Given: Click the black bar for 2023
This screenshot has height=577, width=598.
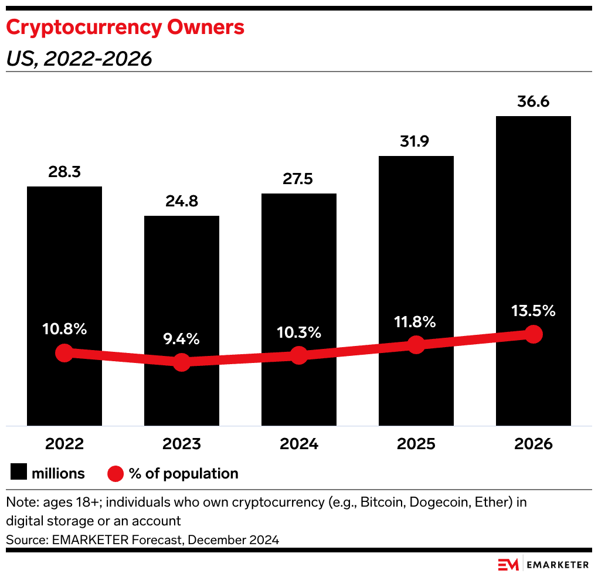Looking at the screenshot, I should click(x=182, y=281).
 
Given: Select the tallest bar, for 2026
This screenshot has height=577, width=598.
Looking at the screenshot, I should click(x=533, y=235).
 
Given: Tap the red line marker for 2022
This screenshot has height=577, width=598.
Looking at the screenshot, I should click(x=64, y=353).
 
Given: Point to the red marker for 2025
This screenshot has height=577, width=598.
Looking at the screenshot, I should click(x=416, y=345).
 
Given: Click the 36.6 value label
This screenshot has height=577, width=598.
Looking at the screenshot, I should click(x=533, y=101).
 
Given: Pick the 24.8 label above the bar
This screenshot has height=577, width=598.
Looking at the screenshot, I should click(x=182, y=202).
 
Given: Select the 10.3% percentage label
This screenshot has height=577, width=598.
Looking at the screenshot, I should click(x=299, y=332).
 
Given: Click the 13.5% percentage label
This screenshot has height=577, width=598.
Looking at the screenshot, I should click(x=533, y=311).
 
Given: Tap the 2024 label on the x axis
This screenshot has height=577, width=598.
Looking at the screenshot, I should click(x=299, y=444).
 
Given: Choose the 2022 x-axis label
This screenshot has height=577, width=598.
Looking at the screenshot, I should click(x=64, y=444).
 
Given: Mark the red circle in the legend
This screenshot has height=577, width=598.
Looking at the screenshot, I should click(x=115, y=473).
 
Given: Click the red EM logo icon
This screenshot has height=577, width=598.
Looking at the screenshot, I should click(x=508, y=565).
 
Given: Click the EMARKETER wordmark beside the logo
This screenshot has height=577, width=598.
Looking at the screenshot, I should click(x=558, y=565).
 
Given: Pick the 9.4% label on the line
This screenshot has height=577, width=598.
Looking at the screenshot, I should click(x=182, y=339).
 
